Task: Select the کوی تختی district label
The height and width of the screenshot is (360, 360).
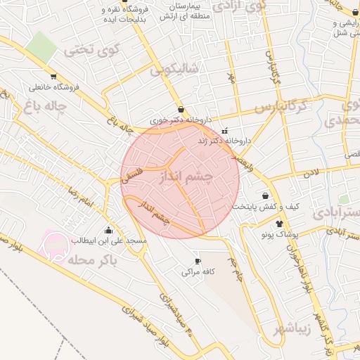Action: pyautogui.click(x=92, y=50)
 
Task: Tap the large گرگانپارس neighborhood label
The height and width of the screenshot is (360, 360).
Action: pyautogui.click(x=281, y=108)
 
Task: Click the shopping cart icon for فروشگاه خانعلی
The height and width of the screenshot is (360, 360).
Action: pyautogui.click(x=53, y=77)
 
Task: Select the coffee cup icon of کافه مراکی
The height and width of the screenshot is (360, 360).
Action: pyautogui.click(x=198, y=261)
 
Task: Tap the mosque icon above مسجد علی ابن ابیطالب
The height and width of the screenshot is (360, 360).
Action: pyautogui.click(x=109, y=231)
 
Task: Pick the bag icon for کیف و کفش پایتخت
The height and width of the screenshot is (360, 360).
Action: pyautogui.click(x=265, y=196)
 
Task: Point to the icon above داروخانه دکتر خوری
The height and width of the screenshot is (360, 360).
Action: pyautogui.click(x=182, y=110)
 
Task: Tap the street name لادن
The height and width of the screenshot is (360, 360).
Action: pyautogui.click(x=311, y=172)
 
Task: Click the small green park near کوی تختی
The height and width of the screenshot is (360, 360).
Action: pyautogui.click(x=42, y=46)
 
